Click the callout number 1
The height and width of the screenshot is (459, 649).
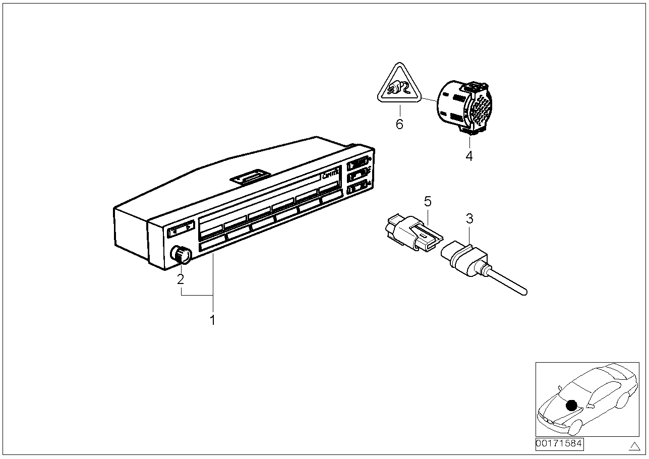[x=212, y=320]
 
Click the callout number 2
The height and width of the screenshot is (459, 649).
[x=181, y=278]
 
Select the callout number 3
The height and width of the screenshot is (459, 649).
[x=469, y=219]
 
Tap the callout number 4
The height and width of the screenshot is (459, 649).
[x=469, y=156]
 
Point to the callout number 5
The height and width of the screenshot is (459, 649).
[x=428, y=202]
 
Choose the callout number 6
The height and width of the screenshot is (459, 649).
[x=399, y=124]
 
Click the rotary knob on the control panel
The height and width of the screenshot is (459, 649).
[x=181, y=255]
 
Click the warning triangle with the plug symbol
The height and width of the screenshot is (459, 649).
[x=399, y=89]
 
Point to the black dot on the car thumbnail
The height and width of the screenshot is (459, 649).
[x=571, y=405]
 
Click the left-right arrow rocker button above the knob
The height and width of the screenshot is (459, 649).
[x=180, y=230]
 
